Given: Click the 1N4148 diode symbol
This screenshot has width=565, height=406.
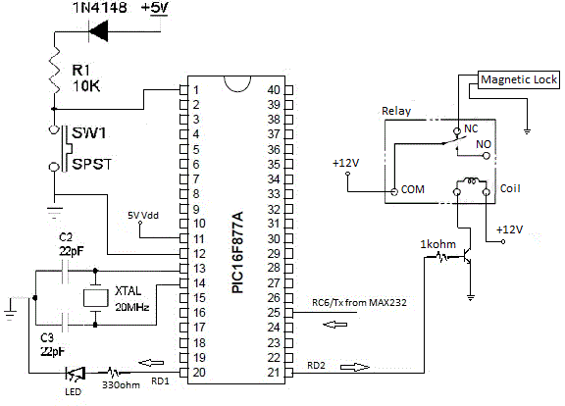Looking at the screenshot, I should [99, 32].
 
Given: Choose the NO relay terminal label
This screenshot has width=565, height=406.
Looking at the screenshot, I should [483, 144].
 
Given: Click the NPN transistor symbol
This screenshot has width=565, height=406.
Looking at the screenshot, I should [468, 257].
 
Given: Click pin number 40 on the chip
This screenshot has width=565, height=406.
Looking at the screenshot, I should [274, 90].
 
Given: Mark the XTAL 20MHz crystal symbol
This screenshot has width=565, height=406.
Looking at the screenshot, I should [94, 297].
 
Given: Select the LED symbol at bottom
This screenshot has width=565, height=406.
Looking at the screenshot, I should [74, 374].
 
